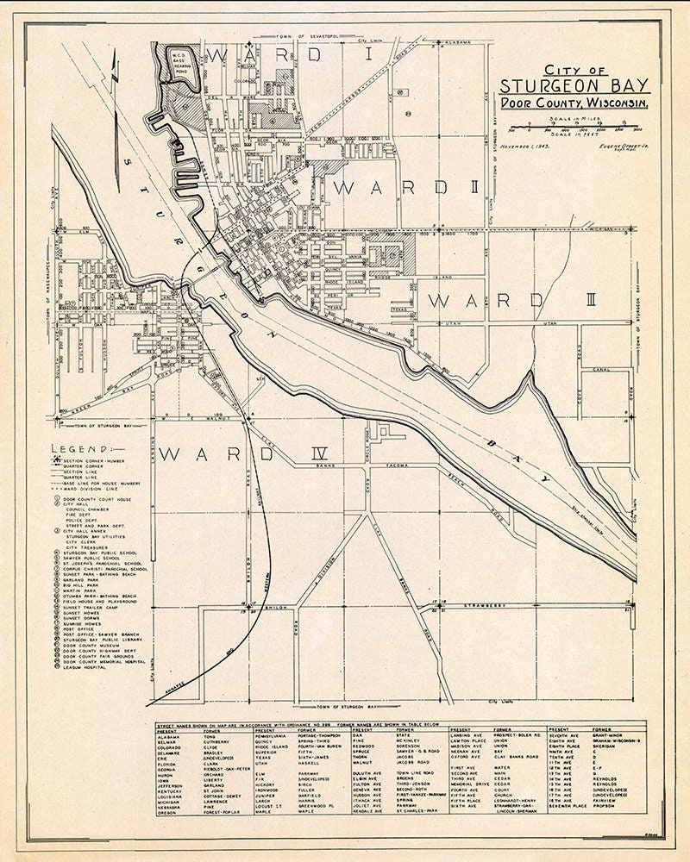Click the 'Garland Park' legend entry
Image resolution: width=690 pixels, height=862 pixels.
pos(84,582)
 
